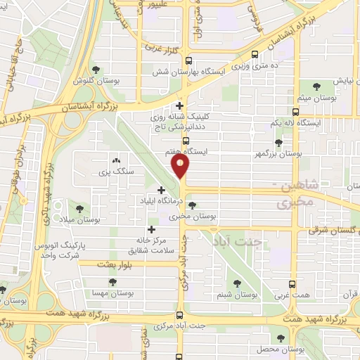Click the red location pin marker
[181, 167]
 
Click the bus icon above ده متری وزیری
[255, 54]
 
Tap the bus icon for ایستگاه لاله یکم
[295, 111]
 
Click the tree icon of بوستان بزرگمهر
[278, 143]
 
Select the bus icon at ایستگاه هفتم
[186, 141]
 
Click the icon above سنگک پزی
[115, 161]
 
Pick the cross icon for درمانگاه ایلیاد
[162, 190]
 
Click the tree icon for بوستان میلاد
[79, 209]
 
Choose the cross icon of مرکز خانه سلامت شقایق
[150, 229]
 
